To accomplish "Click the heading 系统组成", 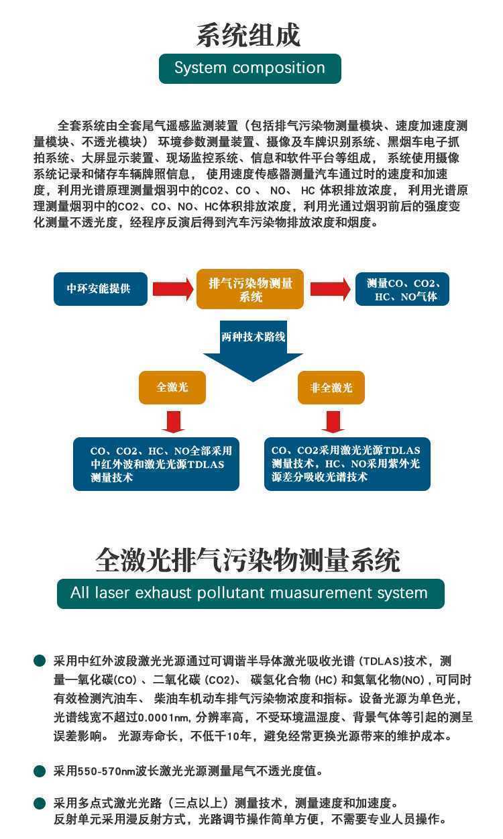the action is [249, 35].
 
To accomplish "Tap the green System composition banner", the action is [249, 68].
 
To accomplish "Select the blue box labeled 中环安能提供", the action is [101, 289].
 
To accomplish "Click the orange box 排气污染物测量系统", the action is [250, 289].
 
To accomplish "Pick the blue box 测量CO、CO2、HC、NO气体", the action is [402, 289].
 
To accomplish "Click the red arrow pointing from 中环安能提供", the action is [172, 289].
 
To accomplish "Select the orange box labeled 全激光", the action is [172, 388].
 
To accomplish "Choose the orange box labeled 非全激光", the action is [331, 388].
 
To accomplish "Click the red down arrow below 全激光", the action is [173, 422].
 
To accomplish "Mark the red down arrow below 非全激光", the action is [333, 422].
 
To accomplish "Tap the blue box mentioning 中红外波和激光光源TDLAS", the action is [156, 464].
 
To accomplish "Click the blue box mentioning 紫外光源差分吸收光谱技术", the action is [347, 464].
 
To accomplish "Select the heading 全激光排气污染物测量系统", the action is [247, 561].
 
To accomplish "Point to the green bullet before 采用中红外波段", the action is [40, 661].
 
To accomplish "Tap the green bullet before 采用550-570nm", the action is [40, 771].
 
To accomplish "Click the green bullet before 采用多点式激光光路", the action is [40, 803].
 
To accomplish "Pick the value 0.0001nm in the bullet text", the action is [164, 718].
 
